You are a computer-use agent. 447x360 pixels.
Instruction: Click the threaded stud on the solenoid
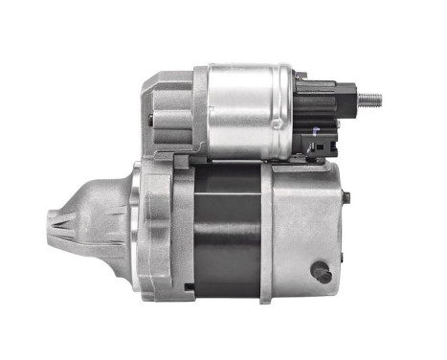click(369, 99)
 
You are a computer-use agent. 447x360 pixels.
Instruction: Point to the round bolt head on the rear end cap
click(323, 274)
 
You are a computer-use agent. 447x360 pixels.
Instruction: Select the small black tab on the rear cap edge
click(346, 198)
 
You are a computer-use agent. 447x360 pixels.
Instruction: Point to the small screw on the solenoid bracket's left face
click(150, 119)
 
